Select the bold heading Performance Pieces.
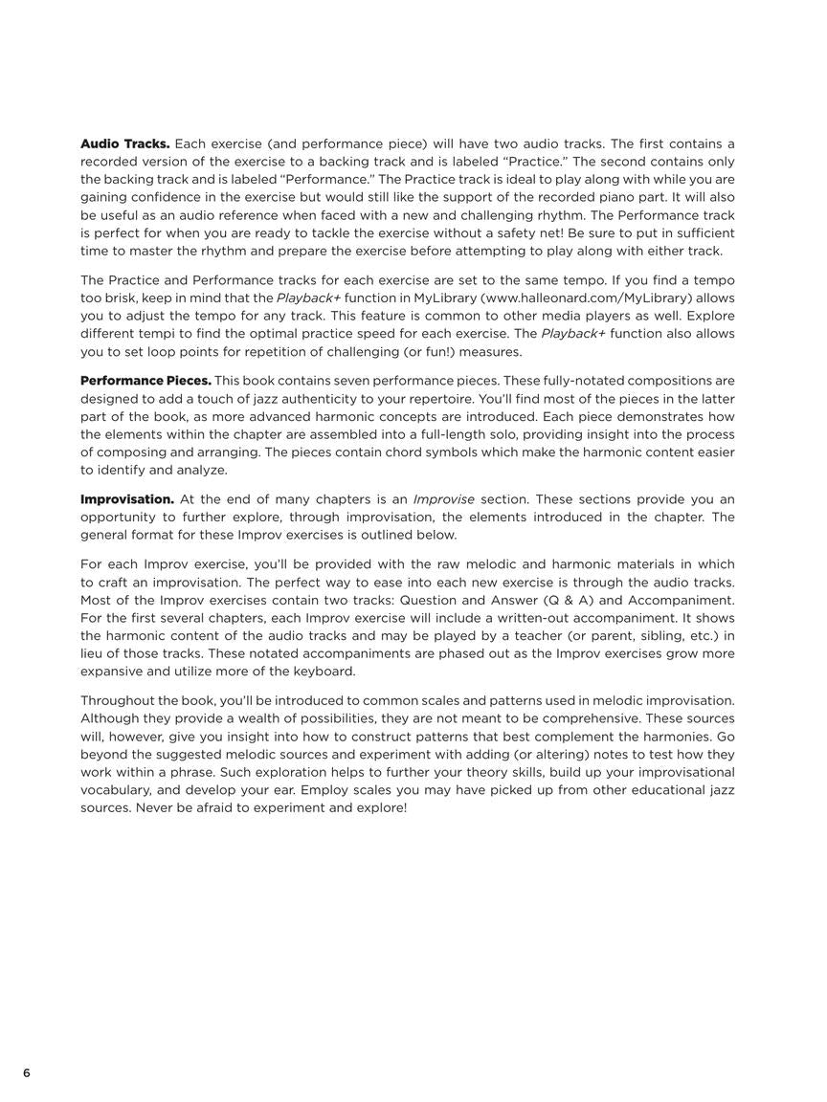pos(145,381)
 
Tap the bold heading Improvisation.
pos(127,499)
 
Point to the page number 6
pos(27,1072)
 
